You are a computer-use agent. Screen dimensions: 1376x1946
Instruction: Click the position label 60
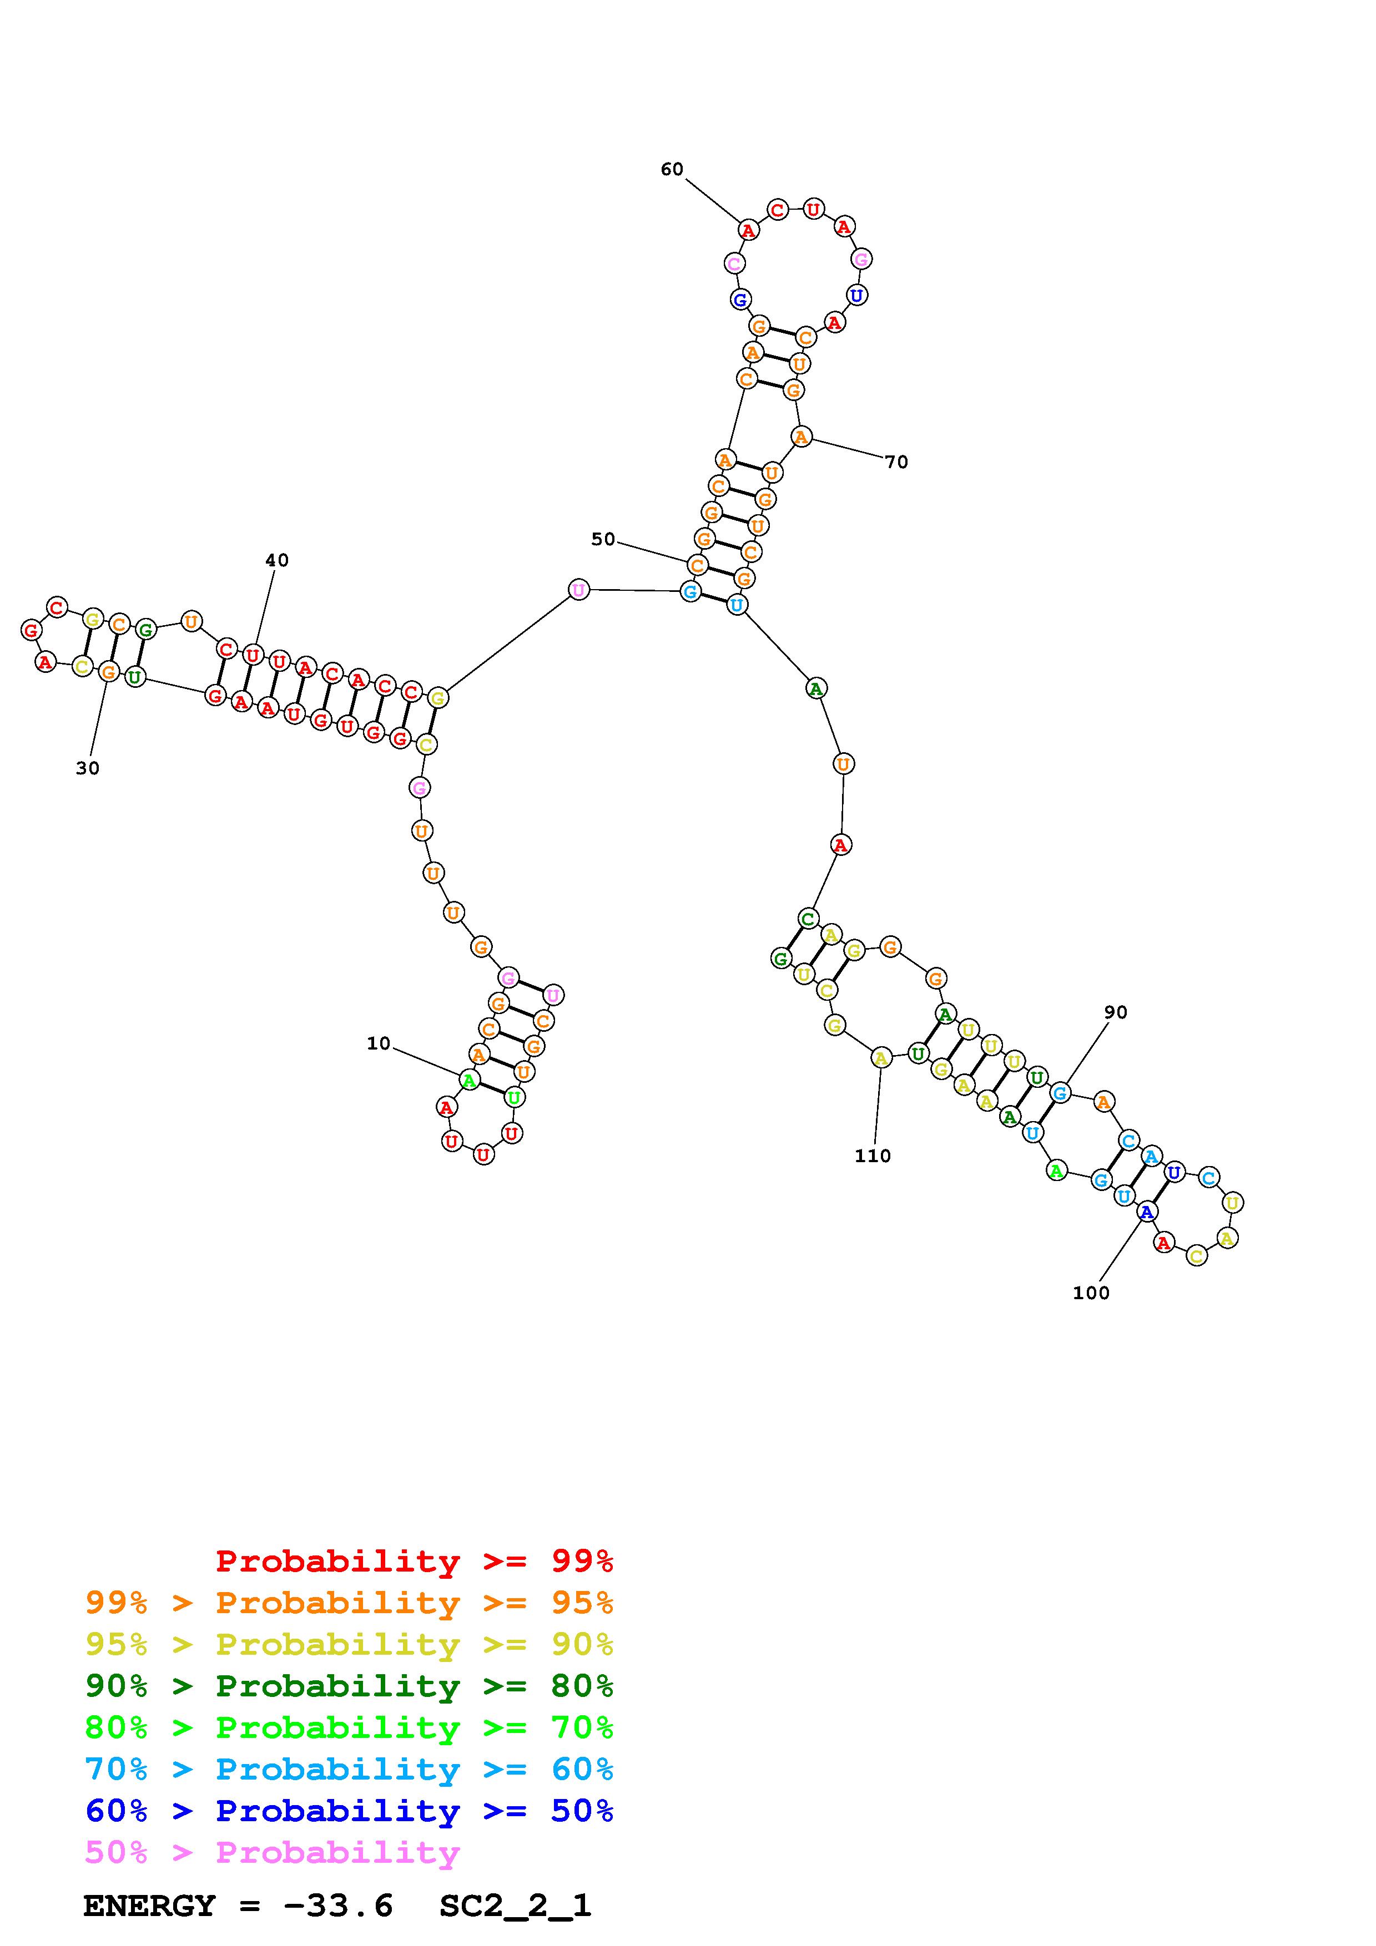coord(672,170)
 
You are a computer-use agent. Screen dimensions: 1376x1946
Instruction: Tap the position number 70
coord(896,462)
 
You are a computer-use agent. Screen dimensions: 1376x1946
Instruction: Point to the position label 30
coord(87,768)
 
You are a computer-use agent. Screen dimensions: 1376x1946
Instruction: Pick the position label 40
coord(276,560)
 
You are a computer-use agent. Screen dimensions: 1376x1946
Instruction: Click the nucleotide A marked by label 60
coord(748,230)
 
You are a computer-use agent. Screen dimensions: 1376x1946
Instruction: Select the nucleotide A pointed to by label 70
coord(800,437)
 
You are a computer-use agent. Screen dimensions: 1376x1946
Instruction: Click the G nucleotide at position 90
coord(1059,1093)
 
